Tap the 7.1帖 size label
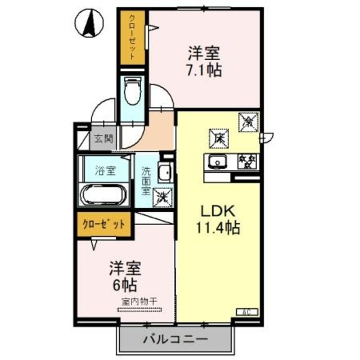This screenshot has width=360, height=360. (205, 71)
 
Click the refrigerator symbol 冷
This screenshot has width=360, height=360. (247, 120)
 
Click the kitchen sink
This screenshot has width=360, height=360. (216, 163)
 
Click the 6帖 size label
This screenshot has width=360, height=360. (125, 283)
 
